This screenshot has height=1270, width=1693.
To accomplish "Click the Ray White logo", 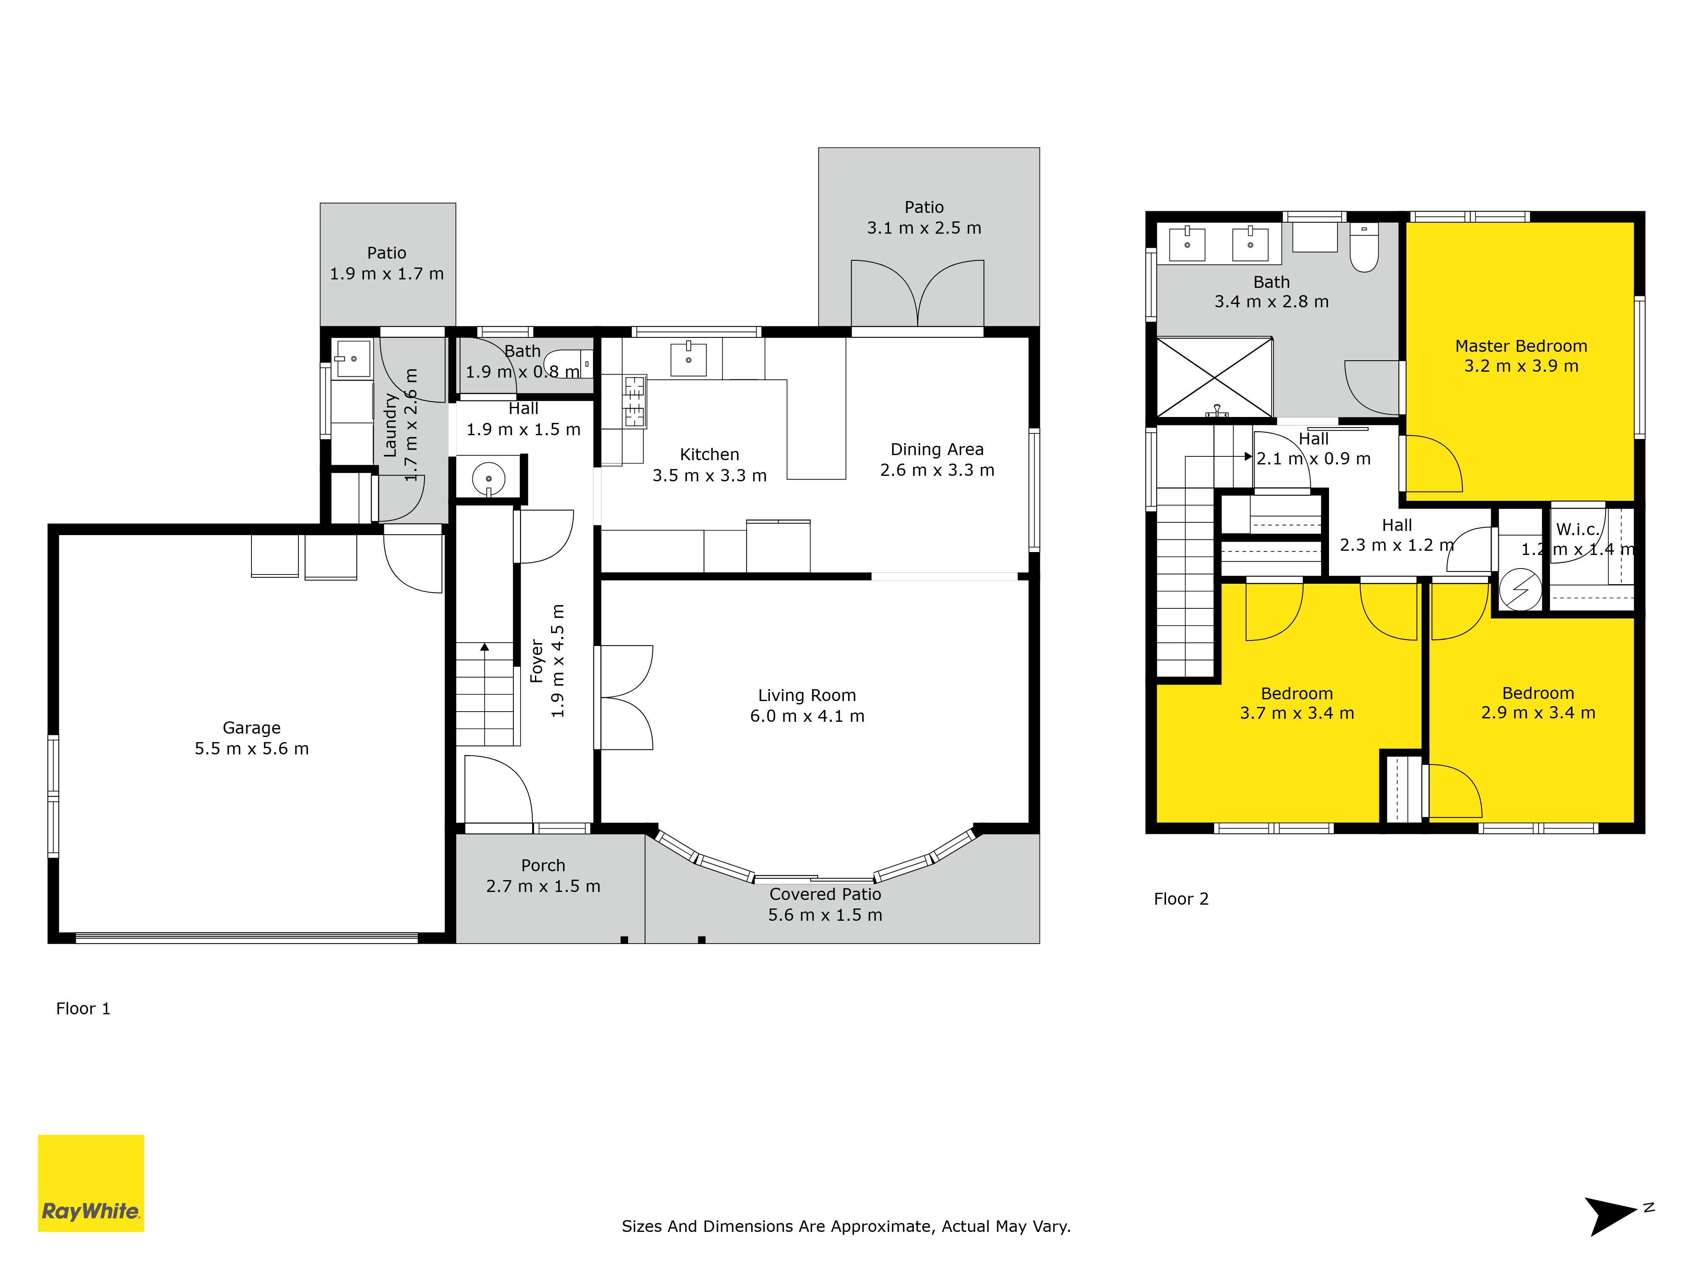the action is point(91,1183).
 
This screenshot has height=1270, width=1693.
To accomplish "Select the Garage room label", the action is point(252,728).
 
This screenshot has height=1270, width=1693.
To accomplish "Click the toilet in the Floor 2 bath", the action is point(1364,246).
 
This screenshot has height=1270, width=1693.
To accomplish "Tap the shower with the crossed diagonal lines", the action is point(1215,378).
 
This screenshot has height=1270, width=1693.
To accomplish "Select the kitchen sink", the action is point(689,359).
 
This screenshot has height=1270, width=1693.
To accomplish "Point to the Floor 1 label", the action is point(83,1009).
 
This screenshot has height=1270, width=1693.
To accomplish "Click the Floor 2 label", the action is point(1181,900).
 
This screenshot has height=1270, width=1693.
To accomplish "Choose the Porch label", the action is point(543,866).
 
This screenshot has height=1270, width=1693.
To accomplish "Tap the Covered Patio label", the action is point(825,894).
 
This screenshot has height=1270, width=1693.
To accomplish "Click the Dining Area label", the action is point(937,449).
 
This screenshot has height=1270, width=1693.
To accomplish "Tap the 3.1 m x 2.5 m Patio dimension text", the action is point(924,228).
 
